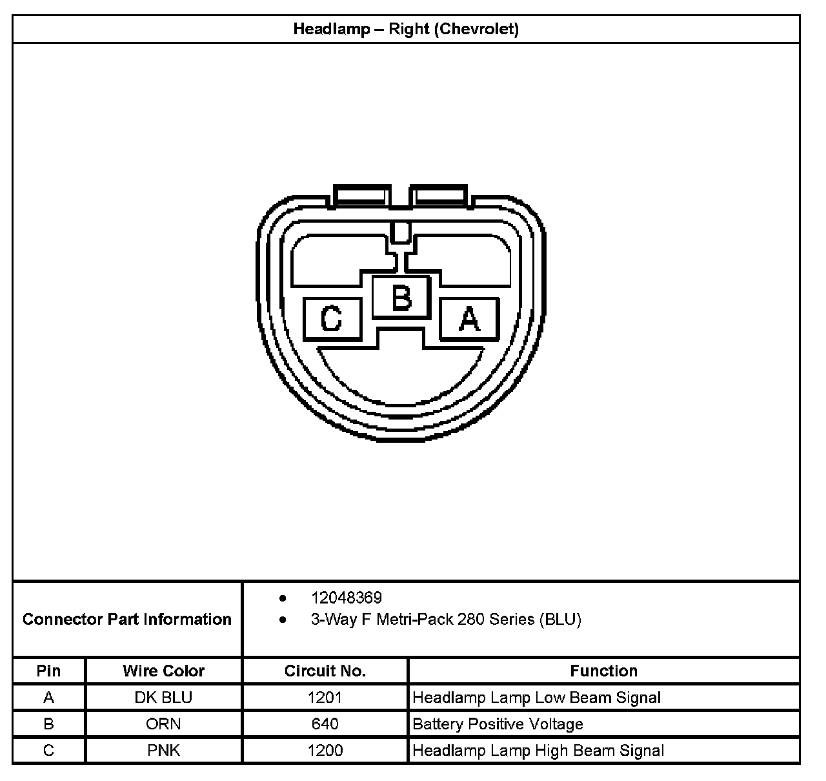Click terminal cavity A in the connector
(469, 319)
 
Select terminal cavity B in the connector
(401, 297)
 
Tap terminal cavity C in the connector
(332, 319)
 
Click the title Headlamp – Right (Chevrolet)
(406, 29)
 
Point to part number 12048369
(346, 598)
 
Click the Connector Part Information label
(127, 619)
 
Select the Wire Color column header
(163, 671)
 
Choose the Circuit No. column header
(325, 671)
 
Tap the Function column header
(603, 671)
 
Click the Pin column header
(48, 671)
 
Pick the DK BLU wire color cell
(163, 698)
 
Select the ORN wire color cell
(163, 724)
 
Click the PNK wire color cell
(163, 751)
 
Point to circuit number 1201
(325, 698)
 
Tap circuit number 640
(325, 724)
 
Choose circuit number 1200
(325, 751)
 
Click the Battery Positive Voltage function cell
(498, 724)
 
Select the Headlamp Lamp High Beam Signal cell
(538, 751)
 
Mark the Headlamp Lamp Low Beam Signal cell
(536, 698)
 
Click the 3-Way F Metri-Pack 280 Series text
(446, 620)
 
